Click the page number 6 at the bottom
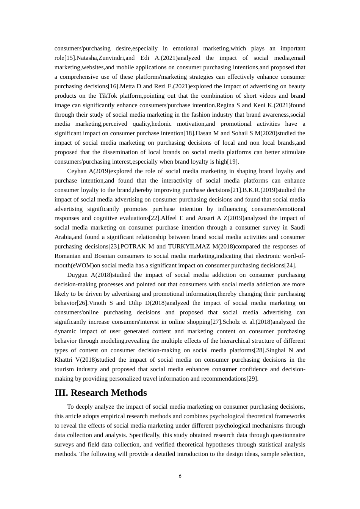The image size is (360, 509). pyautogui.click(x=180, y=476)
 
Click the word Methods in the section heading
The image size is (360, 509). pyautogui.click(x=129, y=393)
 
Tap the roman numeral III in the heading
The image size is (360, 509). pyautogui.click(x=61, y=393)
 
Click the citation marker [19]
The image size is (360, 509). pyautogui.click(x=233, y=162)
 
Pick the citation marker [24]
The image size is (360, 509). pyautogui.click(x=290, y=265)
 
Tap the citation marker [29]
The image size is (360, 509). pyautogui.click(x=252, y=379)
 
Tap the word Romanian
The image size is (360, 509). pyautogui.click(x=67, y=256)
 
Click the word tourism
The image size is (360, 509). pyautogui.click(x=64, y=369)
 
